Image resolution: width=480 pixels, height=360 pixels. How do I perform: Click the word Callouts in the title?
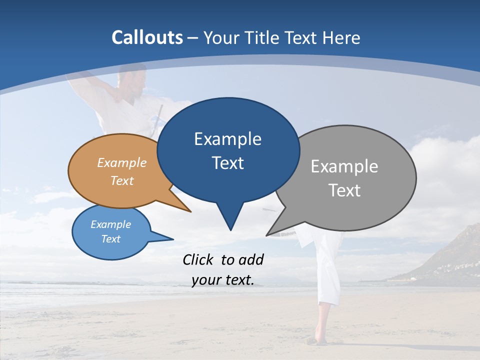[x=147, y=37]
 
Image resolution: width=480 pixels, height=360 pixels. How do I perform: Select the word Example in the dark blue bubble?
[x=227, y=139]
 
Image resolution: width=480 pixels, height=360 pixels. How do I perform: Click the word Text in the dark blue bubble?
[x=227, y=163]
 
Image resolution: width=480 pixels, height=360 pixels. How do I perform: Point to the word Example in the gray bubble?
[x=344, y=166]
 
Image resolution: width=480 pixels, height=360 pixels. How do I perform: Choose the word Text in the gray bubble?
[x=344, y=190]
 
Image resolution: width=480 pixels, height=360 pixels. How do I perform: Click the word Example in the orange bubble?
[x=122, y=163]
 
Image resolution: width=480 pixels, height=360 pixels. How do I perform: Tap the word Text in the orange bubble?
[x=122, y=180]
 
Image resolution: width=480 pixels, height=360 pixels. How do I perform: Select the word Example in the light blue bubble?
[x=110, y=224]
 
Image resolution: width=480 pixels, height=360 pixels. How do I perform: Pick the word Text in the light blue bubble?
[x=110, y=239]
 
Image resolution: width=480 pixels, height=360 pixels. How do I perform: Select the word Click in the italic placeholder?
[x=199, y=259]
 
